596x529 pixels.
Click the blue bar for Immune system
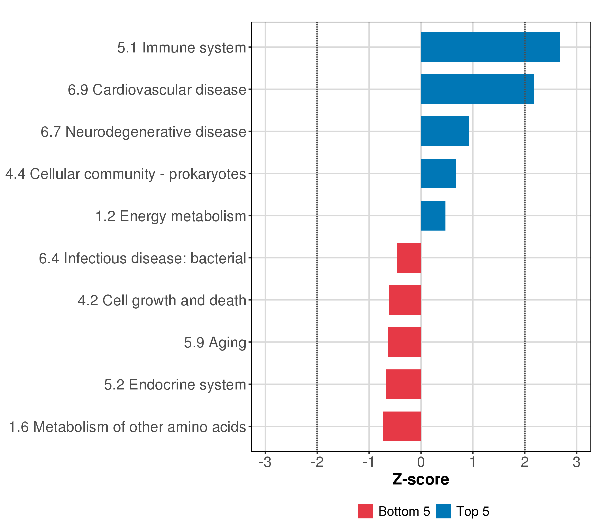490,47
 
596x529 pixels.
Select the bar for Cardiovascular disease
477,89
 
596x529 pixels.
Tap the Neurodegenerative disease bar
445,131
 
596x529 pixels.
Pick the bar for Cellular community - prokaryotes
438,173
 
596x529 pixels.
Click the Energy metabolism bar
433,216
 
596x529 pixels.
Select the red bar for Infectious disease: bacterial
409,258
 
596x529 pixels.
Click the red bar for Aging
404,342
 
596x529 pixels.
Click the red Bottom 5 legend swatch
365,511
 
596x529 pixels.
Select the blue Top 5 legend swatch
443,511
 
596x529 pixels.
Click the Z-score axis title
421,479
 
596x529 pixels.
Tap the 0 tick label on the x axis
421,462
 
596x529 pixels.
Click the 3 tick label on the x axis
576,462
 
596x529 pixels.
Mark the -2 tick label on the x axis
317,462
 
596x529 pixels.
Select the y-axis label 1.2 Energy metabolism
171,216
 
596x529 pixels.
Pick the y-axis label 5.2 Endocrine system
175,385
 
